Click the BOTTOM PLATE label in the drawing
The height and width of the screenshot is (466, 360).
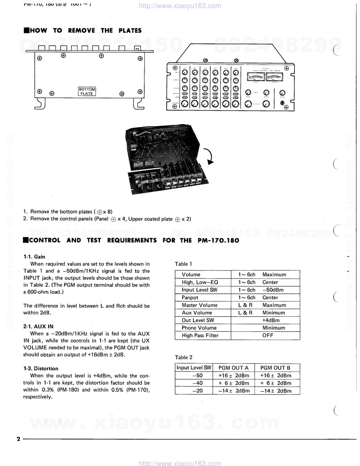[86, 91]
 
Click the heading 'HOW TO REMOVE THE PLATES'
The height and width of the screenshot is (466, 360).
[83, 31]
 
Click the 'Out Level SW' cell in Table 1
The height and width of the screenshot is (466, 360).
[198, 320]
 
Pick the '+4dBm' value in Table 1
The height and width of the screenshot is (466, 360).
[271, 320]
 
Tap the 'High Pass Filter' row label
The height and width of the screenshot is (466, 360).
[200, 335]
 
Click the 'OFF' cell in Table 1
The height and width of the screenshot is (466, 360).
[268, 335]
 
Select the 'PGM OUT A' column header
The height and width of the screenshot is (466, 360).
[233, 368]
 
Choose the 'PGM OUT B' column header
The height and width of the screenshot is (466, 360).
[275, 368]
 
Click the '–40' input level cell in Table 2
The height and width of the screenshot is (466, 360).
[198, 383]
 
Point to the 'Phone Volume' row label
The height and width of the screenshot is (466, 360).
[199, 328]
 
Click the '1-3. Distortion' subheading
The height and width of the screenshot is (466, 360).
[41, 369]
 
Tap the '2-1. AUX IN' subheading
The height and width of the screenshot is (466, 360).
[38, 327]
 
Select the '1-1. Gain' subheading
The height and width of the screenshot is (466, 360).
[34, 257]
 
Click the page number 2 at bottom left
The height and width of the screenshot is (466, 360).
[18, 439]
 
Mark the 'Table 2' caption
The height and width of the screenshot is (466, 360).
[184, 357]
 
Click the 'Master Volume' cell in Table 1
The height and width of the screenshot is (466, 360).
[199, 305]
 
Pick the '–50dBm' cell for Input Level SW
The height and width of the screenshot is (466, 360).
[273, 290]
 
